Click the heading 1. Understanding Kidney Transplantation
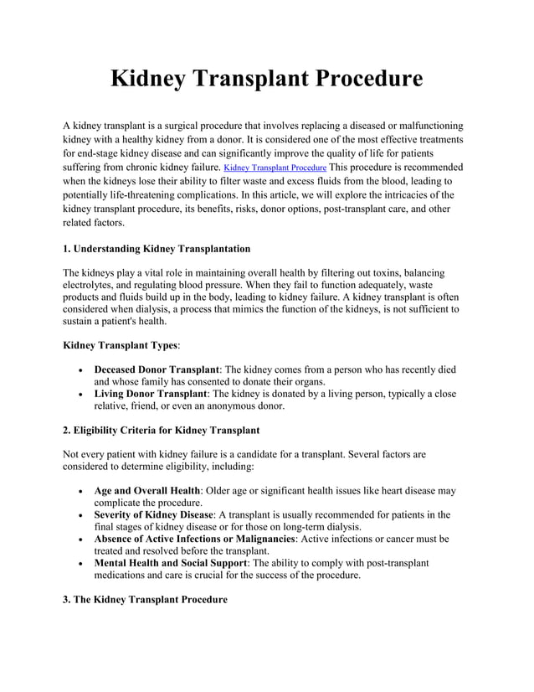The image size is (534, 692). coord(157,249)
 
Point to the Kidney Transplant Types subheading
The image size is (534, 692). coord(121,344)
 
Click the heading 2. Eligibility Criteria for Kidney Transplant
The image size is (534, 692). coord(162,430)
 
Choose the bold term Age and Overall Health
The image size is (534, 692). coord(146,490)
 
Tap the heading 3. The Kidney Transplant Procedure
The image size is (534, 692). coord(145,600)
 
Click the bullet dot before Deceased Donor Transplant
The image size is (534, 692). coord(79,369)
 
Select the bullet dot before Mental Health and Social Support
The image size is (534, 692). coord(79,564)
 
